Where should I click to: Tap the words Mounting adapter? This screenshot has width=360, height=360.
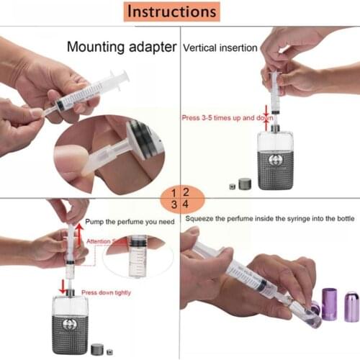(x=122, y=48)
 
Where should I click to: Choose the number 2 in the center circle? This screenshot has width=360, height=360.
(x=186, y=192)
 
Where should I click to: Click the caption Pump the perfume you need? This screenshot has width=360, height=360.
(x=130, y=222)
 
